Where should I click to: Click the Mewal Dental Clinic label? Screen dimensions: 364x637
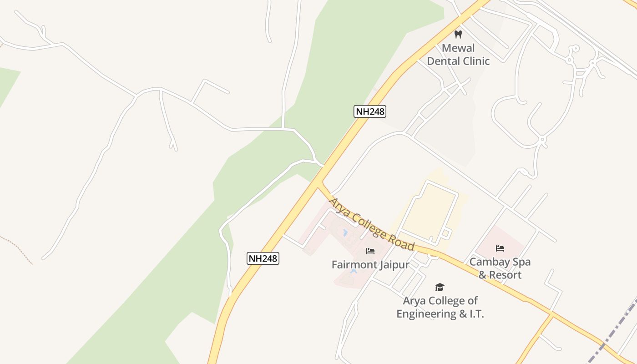pos(458,55)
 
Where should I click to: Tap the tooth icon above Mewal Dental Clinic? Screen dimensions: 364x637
pos(458,35)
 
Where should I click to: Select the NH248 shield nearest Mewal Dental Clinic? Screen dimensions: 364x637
pos(369,111)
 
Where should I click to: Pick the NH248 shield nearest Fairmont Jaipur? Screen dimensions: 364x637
pos(263,258)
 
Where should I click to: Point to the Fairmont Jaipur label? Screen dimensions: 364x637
pos(370,264)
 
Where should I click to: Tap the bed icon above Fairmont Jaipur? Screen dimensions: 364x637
pos(370,251)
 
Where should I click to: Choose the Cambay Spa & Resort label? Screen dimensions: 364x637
pos(500,268)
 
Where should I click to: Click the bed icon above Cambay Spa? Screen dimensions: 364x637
pos(500,248)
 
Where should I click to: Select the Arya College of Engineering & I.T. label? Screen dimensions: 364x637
pos(440,307)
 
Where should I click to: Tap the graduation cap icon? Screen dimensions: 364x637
pos(440,287)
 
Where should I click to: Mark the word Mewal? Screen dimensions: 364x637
pos(458,48)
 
